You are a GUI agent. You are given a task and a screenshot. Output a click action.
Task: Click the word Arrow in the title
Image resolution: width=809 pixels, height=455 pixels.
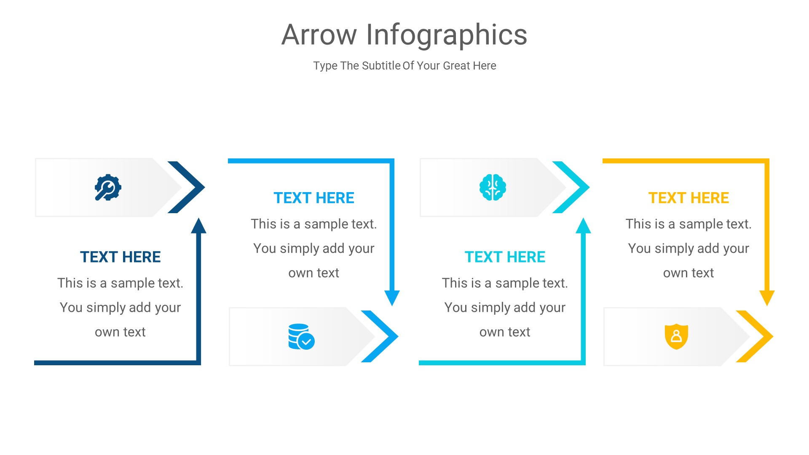point(319,35)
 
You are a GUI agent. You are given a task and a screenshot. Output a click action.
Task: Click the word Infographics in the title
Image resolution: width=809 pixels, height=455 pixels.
point(447,35)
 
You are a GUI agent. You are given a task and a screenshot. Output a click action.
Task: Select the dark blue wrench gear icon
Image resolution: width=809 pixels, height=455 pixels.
point(108,187)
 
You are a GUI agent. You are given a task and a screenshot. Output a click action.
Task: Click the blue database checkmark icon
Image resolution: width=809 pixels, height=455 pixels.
point(301,337)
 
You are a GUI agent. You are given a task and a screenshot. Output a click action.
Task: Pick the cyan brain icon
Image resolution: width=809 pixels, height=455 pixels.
point(493,187)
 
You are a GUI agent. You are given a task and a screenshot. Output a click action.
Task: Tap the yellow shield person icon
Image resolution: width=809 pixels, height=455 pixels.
point(676,336)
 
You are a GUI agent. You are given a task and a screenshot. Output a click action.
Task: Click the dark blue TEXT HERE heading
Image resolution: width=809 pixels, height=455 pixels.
point(120,257)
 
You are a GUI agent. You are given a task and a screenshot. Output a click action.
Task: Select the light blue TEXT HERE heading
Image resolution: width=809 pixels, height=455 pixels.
point(314,198)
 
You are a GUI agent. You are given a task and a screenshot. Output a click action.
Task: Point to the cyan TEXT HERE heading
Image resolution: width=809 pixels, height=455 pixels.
point(505,257)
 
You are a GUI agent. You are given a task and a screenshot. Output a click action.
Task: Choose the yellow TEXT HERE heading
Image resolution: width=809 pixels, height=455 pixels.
point(688,198)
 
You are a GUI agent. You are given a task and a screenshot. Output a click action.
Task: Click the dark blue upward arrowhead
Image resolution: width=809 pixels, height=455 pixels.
point(198,226)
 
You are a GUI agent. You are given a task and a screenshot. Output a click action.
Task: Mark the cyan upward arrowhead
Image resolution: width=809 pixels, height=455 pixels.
point(583,226)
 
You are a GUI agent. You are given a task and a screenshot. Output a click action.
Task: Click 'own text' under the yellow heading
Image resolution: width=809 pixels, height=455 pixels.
point(688,273)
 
